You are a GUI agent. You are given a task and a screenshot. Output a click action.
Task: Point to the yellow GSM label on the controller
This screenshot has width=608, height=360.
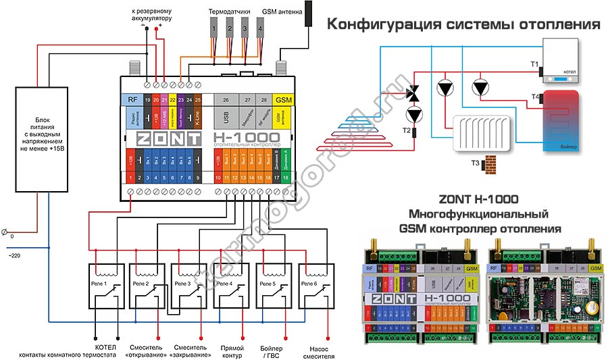tap(284, 99)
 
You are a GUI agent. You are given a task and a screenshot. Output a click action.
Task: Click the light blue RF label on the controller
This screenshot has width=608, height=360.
tap(133, 99)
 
